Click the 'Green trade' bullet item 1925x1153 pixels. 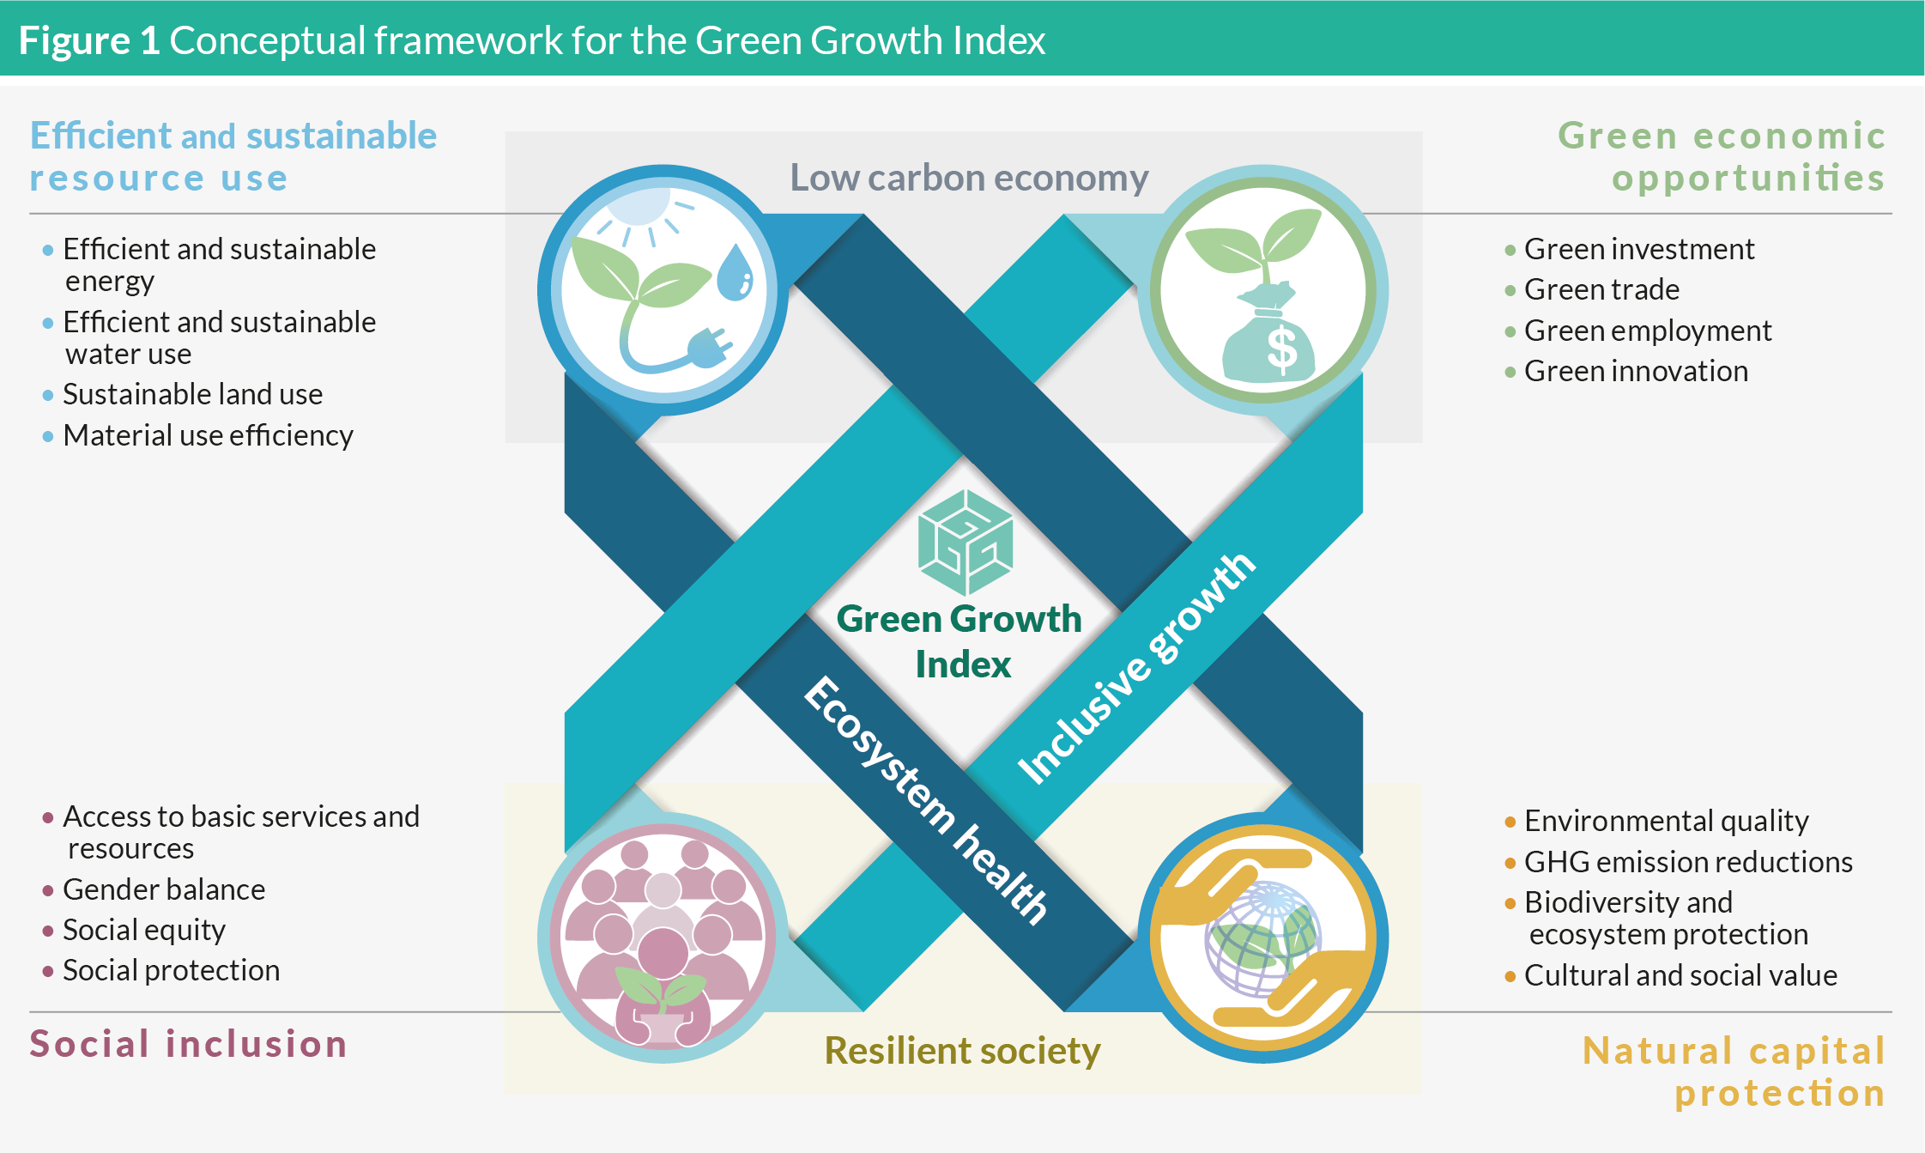pyautogui.click(x=1601, y=290)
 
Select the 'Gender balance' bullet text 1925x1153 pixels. pyautogui.click(x=164, y=890)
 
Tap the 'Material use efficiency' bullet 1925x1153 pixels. pyautogui.click(x=208, y=436)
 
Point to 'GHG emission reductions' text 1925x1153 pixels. pyautogui.click(x=1688, y=862)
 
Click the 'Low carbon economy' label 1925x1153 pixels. pyautogui.click(x=969, y=178)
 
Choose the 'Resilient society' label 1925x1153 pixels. pyautogui.click(x=962, y=1051)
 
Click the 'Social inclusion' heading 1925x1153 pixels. pyautogui.click(x=188, y=1044)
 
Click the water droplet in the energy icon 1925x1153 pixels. pyautogui.click(x=735, y=273)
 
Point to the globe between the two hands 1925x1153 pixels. pyautogui.click(x=1262, y=938)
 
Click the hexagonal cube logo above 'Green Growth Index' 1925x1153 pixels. pyautogui.click(x=966, y=543)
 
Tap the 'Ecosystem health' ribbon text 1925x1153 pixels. pyautogui.click(x=926, y=800)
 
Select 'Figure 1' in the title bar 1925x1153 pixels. pyautogui.click(x=89, y=40)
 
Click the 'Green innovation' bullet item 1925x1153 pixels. pyautogui.click(x=1636, y=372)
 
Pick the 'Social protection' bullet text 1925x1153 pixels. pyautogui.click(x=171, y=971)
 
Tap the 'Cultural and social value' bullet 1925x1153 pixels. pyautogui.click(x=1680, y=976)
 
